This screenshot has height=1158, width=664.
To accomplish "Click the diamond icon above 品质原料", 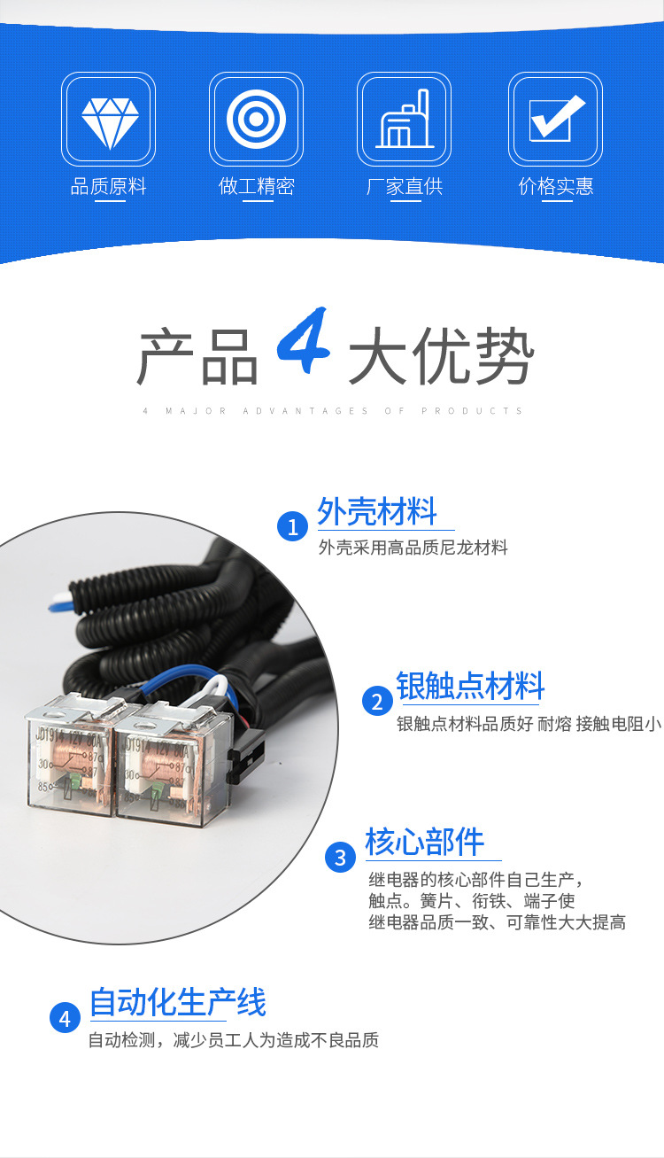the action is click(110, 123).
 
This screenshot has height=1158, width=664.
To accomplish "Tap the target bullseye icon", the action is click(256, 119).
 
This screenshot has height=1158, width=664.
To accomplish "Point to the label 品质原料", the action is click(109, 186).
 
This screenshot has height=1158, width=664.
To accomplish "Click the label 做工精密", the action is click(256, 186).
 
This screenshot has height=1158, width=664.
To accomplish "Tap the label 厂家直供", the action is click(405, 186).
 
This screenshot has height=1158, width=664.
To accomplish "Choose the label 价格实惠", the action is click(556, 186).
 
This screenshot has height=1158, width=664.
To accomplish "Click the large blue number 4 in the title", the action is click(304, 340).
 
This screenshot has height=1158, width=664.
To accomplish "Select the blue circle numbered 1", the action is click(292, 526).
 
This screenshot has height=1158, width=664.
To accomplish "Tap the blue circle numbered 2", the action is click(377, 701).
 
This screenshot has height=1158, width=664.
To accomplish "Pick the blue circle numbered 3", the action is click(340, 857).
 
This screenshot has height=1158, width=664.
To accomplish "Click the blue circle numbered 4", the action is click(65, 1018).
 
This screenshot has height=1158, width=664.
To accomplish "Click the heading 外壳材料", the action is click(377, 511).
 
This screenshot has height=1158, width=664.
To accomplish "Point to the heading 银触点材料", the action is click(470, 686).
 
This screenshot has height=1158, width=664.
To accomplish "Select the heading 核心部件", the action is click(425, 842).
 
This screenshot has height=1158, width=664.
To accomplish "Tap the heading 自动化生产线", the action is click(178, 1002).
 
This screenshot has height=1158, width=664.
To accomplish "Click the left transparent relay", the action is click(70, 755).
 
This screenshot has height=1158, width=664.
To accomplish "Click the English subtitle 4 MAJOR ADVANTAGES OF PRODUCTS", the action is click(333, 411).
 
